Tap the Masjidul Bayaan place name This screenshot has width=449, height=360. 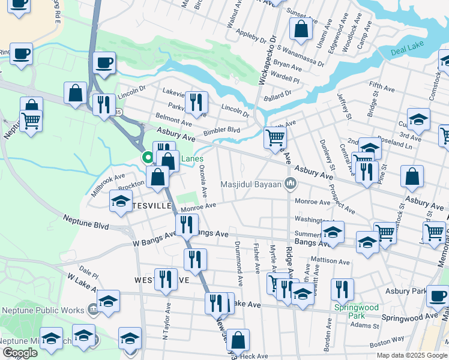coord(250,184)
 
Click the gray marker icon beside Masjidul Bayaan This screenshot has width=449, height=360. coord(291,183)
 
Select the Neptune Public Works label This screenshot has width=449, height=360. coord(47,310)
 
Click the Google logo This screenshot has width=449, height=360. coord(19,353)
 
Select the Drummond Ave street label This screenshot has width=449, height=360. coord(239,262)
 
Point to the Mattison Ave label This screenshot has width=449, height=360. coord(330,262)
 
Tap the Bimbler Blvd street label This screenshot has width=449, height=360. coord(221,130)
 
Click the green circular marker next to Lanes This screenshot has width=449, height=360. coord(148,158)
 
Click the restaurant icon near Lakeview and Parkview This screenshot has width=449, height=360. coord(196,102)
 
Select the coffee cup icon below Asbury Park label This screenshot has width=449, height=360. coord(438,295)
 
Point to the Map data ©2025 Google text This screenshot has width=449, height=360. coord(411,355)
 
